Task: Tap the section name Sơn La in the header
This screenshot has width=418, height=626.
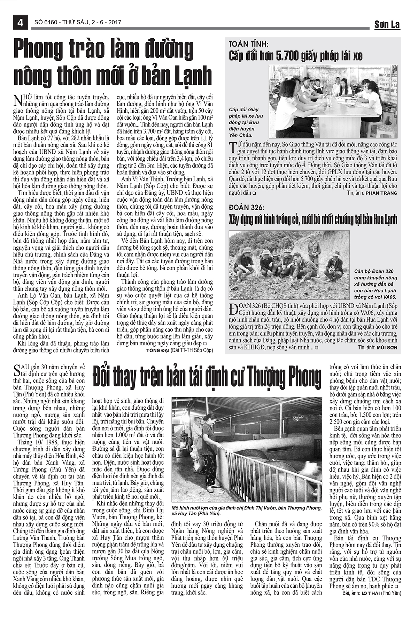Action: click(x=387, y=24)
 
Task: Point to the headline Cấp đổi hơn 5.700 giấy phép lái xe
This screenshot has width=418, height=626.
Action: click(x=295, y=56)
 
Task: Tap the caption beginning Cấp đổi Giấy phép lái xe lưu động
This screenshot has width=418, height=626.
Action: click(x=246, y=122)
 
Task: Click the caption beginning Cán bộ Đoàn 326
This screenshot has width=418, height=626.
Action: click(x=375, y=284)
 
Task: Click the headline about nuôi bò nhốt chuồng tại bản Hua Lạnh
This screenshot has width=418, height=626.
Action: click(x=312, y=220)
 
